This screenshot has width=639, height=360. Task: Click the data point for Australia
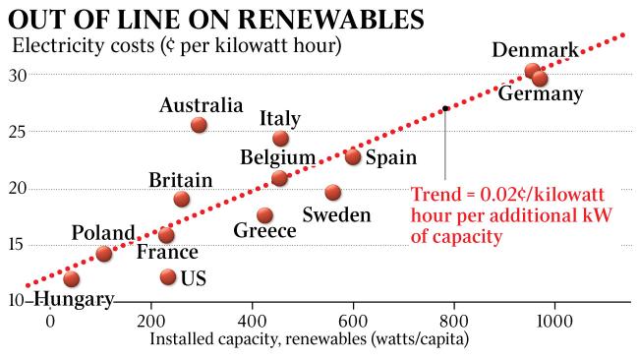[x=199, y=125]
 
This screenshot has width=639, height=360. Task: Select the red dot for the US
[x=168, y=277]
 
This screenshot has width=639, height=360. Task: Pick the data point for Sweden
[x=333, y=193]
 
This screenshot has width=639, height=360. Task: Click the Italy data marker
[x=280, y=139]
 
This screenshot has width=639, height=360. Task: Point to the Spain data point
[x=353, y=156]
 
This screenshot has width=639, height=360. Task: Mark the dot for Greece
[x=264, y=215]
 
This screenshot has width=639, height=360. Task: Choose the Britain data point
[x=181, y=200]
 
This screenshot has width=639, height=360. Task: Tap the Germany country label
[x=540, y=94]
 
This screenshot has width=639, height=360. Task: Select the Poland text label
[x=103, y=233]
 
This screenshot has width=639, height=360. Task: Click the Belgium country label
[x=278, y=157]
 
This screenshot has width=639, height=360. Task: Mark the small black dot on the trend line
[x=445, y=108]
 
